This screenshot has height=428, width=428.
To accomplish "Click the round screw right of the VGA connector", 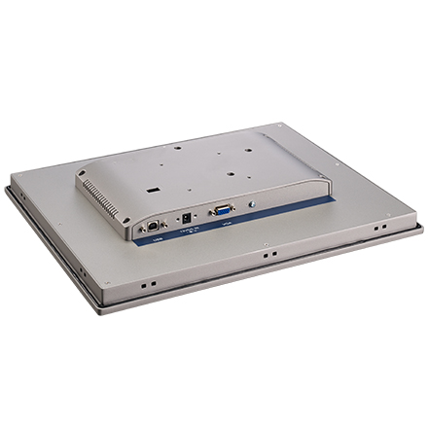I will [253, 202].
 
